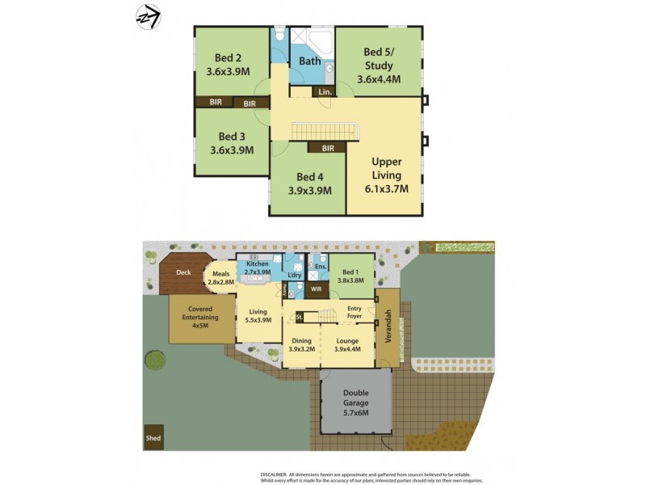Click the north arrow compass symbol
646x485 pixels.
[148, 15]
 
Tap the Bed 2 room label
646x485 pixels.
[228, 57]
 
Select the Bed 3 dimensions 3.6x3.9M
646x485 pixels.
[232, 150]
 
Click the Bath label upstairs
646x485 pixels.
[310, 61]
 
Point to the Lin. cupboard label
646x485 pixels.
[325, 93]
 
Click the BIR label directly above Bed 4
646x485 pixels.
[328, 148]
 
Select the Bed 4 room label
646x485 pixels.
[310, 177]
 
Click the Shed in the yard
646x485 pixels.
[153, 439]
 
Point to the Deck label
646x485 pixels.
[183, 272]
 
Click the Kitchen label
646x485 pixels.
[258, 264]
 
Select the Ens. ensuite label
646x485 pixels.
[321, 266]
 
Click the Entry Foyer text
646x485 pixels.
[354, 312]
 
